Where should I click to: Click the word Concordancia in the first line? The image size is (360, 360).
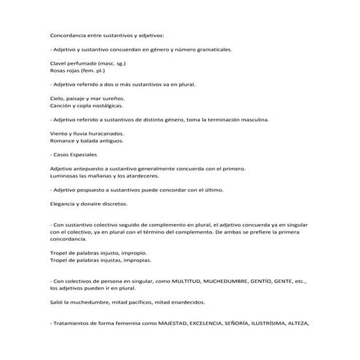71,35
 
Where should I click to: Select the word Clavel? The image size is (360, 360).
59,65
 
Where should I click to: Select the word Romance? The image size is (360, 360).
63,141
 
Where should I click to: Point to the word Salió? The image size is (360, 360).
57,302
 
